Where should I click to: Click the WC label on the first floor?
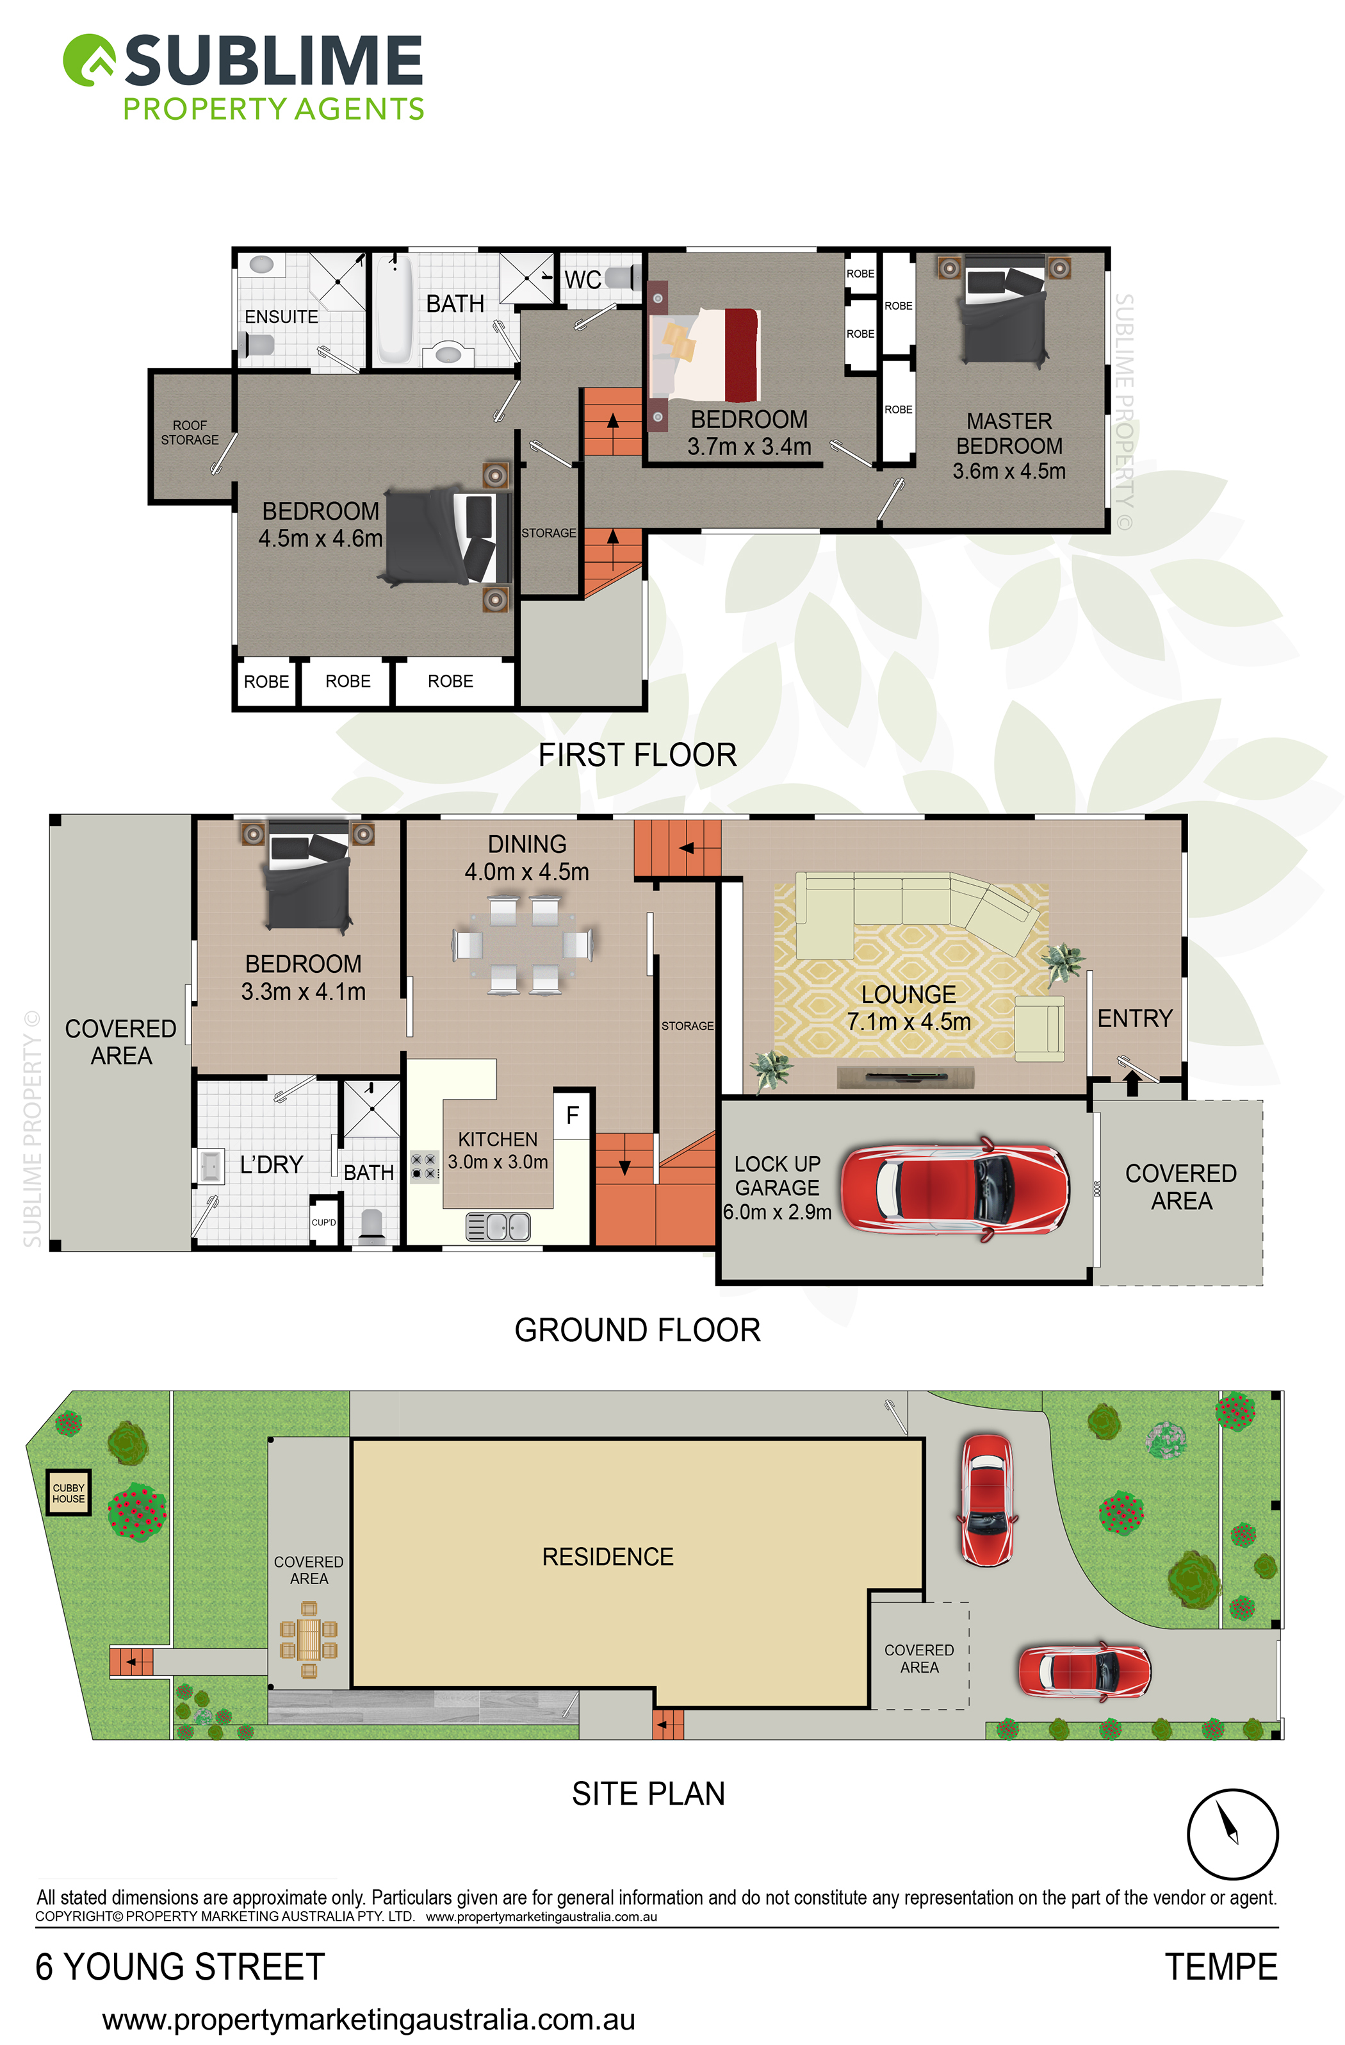click(582, 279)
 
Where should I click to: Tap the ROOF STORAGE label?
click(190, 432)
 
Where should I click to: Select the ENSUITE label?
click(281, 317)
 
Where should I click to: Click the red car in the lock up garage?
click(955, 1189)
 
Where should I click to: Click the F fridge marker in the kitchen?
click(572, 1115)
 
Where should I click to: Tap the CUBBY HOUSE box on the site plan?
click(68, 1493)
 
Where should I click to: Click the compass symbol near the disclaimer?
click(1232, 1835)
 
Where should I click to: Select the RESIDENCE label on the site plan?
click(608, 1556)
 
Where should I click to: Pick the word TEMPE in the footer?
click(1221, 1966)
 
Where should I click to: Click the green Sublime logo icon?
click(89, 60)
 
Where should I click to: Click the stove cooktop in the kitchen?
click(424, 1166)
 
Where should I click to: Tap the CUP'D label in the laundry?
click(324, 1222)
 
